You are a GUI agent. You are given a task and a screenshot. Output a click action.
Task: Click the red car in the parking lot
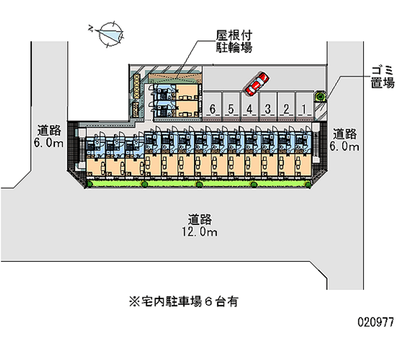256,84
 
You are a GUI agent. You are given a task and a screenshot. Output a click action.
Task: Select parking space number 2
285,108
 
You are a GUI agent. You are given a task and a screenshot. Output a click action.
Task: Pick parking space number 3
267,108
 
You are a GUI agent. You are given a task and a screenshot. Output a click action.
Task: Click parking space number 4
249,108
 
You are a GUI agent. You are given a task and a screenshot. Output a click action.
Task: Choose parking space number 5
231,108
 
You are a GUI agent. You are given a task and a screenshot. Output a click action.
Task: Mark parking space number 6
213,108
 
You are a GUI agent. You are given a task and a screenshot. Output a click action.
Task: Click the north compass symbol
110,34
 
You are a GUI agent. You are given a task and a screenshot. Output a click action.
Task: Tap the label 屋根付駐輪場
234,42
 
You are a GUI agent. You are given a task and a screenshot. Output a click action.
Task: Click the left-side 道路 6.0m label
49,137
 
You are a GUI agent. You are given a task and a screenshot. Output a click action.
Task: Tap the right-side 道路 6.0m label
345,140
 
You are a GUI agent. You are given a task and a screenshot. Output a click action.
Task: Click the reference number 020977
376,321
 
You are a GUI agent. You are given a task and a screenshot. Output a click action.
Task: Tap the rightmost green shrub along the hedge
308,184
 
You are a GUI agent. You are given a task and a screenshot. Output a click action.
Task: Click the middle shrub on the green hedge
199,184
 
